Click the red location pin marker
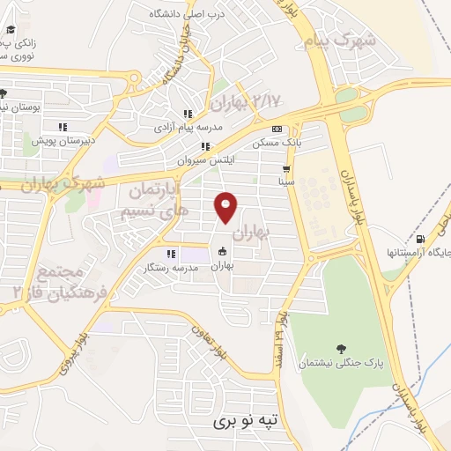pyautogui.click(x=226, y=207)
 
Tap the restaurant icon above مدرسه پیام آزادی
pyautogui.click(x=187, y=114)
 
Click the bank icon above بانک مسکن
pyautogui.click(x=277, y=128)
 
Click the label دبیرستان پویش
pyautogui.click(x=56, y=140)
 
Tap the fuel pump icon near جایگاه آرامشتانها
pyautogui.click(x=419, y=239)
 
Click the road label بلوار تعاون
pyautogui.click(x=211, y=340)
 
